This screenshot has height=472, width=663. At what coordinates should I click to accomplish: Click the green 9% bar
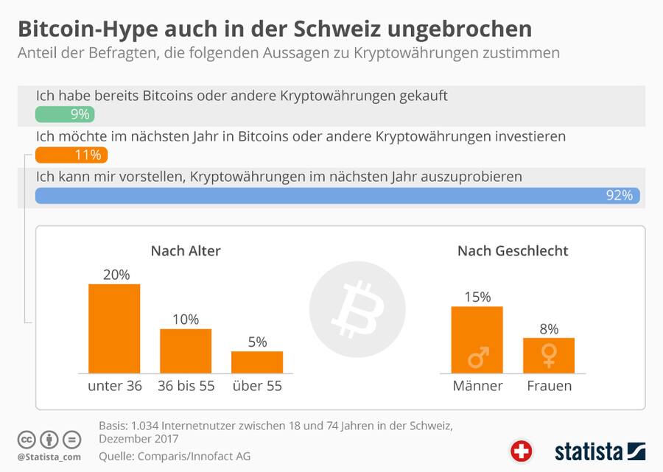point(65,114)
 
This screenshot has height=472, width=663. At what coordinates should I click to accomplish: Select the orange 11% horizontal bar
point(71,155)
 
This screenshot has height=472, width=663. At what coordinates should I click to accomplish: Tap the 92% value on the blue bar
point(619,195)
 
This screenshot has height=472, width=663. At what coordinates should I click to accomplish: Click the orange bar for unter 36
point(114,328)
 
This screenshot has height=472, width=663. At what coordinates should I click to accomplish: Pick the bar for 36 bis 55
point(186,351)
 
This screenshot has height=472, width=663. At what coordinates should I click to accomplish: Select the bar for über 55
point(257,362)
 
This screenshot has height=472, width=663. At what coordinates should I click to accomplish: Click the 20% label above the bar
point(116,274)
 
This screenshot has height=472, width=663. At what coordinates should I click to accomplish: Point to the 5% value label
point(257,342)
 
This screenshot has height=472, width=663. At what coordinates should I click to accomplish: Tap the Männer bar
point(477,339)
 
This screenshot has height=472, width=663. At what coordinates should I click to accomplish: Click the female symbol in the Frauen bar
point(549,357)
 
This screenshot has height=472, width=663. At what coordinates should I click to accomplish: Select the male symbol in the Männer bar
point(478,358)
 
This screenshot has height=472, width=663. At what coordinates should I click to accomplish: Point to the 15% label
point(477,297)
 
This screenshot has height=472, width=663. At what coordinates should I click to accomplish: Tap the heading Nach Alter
point(186,251)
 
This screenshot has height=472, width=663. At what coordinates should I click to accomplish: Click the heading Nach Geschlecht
point(513,251)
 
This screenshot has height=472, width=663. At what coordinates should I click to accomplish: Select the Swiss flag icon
point(521,450)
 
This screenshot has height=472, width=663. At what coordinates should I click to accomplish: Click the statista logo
point(600,451)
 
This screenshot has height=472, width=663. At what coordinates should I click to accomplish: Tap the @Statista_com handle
point(49,458)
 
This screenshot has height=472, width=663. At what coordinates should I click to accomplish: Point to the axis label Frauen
point(549,386)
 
